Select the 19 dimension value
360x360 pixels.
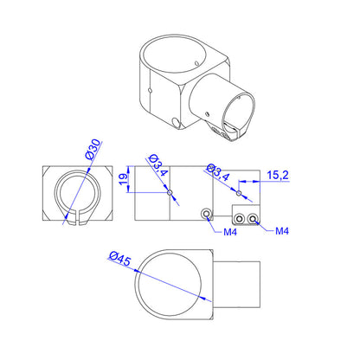point(123,178)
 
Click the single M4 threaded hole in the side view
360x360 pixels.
point(206,213)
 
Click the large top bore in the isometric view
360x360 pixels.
point(176,60)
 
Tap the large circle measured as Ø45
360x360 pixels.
point(171,286)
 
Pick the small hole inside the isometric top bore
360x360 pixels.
point(200,64)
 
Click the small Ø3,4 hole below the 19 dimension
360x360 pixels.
point(170,192)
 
